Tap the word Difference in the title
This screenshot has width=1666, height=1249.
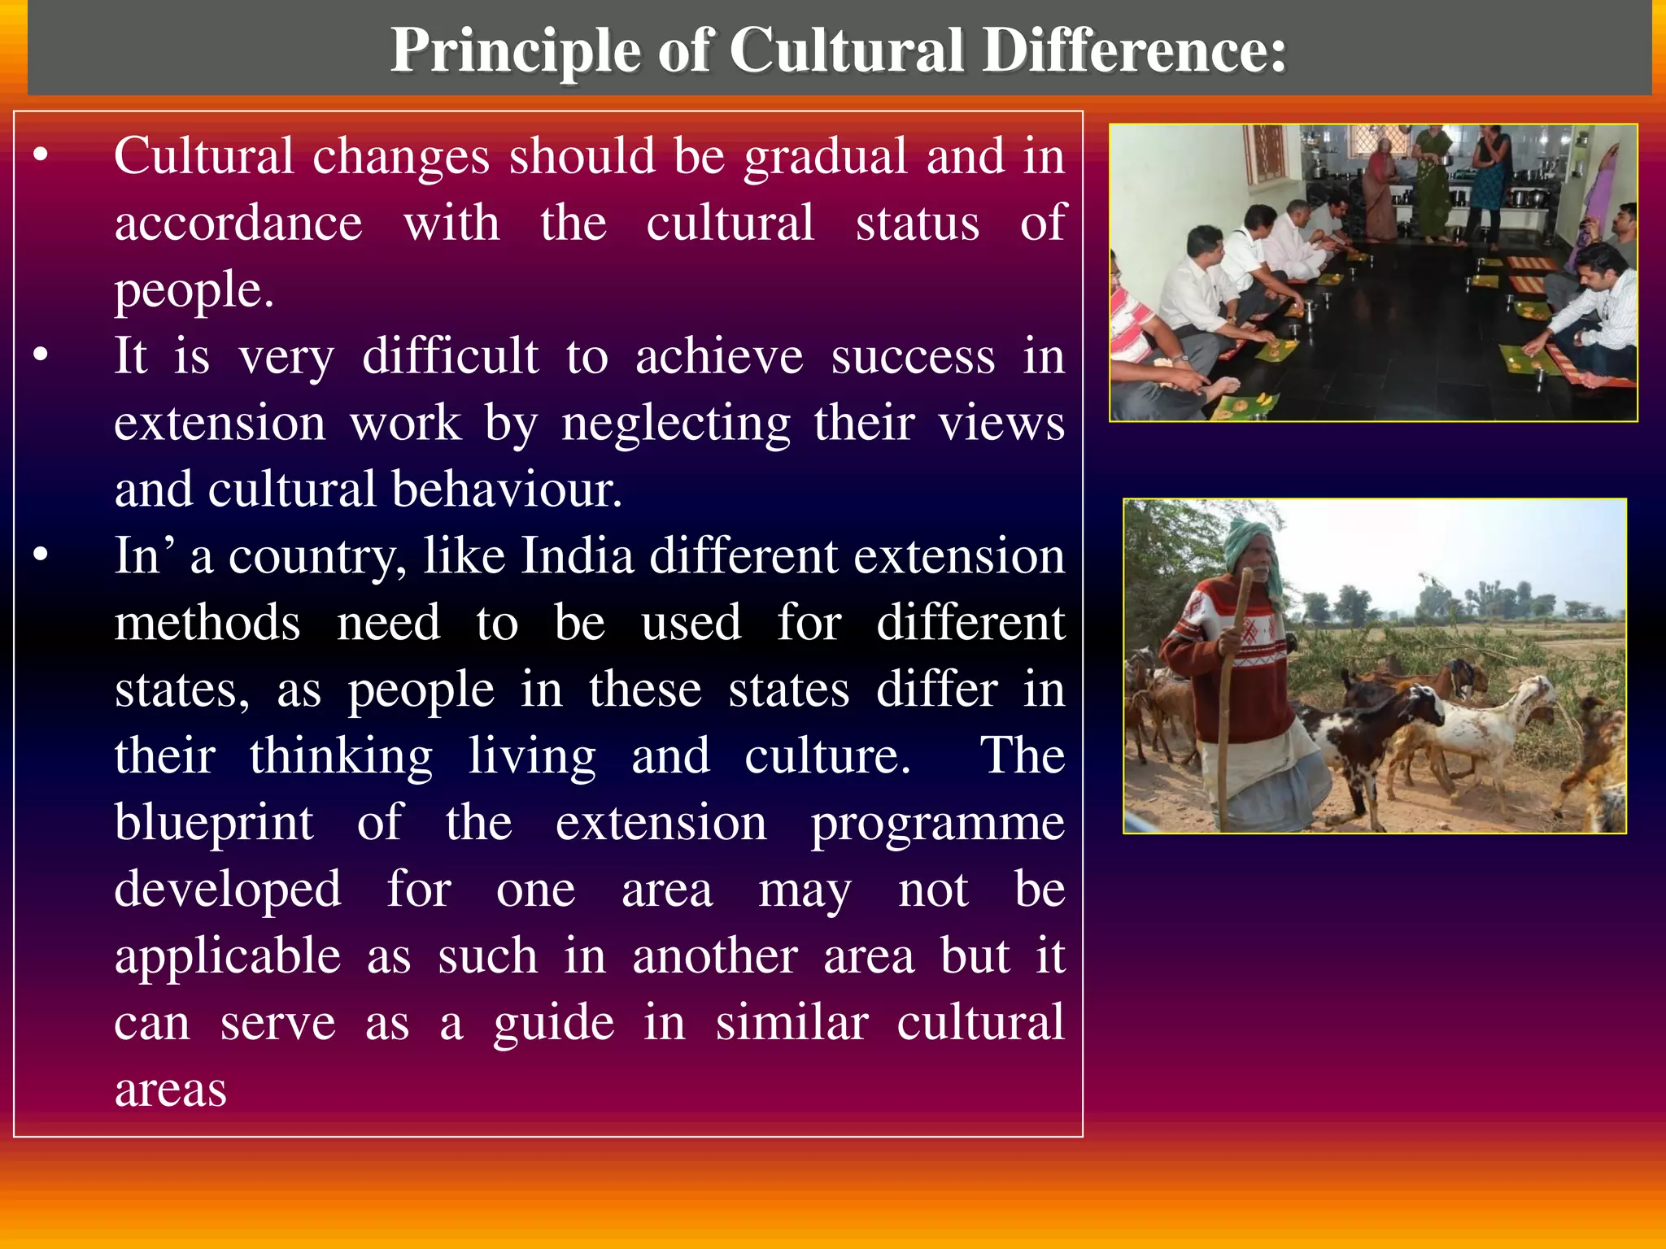(1134, 51)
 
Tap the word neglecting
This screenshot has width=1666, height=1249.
(676, 423)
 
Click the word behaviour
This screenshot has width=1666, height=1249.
(507, 490)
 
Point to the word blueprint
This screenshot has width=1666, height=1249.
(214, 823)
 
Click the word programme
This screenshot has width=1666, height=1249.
(937, 823)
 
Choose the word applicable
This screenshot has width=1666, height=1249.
(228, 956)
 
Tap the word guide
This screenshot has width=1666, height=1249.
(554, 1023)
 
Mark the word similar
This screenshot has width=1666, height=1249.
(792, 1023)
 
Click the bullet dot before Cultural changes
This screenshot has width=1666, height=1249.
(41, 154)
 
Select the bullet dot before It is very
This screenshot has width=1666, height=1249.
(41, 355)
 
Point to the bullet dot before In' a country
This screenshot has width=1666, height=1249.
(41, 555)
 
